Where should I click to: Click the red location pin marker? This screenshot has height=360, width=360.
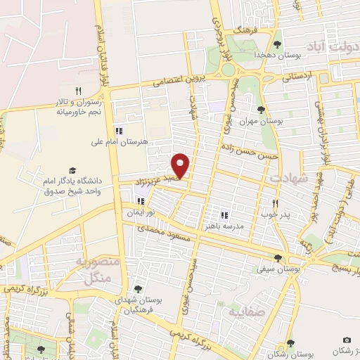pyautogui.click(x=181, y=166)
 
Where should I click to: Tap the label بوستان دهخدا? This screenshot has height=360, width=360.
pyautogui.click(x=297, y=54)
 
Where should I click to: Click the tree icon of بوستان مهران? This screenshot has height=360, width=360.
pyautogui.click(x=262, y=110)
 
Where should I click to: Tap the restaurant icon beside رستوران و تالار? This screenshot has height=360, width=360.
pyautogui.click(x=79, y=91)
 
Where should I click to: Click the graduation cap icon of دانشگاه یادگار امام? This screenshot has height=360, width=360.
pyautogui.click(x=72, y=170)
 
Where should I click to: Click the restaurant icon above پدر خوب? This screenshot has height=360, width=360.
pyautogui.click(x=276, y=203)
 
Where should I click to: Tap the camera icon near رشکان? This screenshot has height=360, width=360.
pyautogui.click(x=346, y=340)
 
